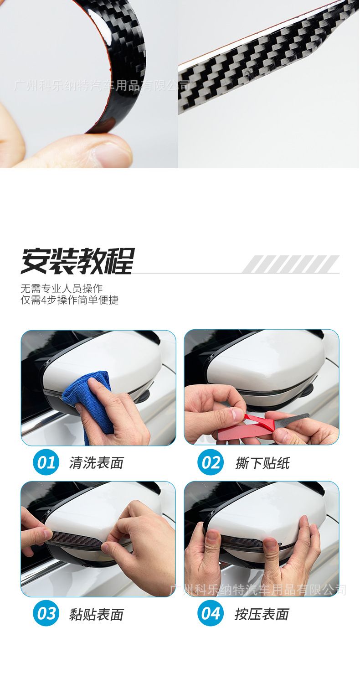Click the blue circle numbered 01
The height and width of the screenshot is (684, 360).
coord(46,462)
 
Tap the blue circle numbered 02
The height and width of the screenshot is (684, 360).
coord(211,462)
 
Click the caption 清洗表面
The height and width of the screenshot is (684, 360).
coord(96,463)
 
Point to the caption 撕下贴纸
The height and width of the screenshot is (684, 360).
coord(262,463)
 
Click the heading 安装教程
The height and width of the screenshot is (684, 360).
coord(77,262)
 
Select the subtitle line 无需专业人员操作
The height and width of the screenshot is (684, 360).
coord(62,289)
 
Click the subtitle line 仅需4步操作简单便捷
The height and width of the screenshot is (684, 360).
coord(70,300)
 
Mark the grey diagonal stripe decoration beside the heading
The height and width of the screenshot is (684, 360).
coord(291,264)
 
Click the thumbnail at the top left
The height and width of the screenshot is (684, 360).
coord(89,84)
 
